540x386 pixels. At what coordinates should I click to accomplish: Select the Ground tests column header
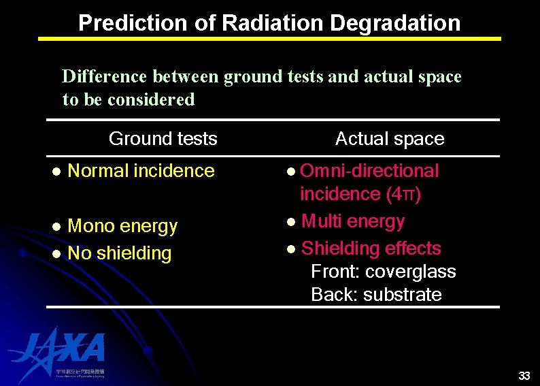tap(163, 139)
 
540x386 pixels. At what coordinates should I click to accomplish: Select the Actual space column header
tap(389, 139)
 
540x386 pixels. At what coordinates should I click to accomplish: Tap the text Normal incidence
tap(141, 171)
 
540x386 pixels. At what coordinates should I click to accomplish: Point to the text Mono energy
tap(122, 226)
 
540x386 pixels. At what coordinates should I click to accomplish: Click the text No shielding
tap(120, 253)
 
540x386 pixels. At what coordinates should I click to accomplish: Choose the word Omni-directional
tap(369, 171)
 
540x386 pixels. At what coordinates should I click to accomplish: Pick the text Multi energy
tap(352, 221)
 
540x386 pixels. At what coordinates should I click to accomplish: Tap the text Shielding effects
tap(371, 248)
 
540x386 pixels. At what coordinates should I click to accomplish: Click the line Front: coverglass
tap(383, 272)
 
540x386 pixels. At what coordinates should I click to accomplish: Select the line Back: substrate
tap(376, 295)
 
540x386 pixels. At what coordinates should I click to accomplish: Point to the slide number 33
tap(524, 376)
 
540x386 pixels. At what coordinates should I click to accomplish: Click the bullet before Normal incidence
tap(57, 172)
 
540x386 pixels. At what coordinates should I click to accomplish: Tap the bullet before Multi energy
tap(290, 222)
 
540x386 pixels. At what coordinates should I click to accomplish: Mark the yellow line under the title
tap(269, 39)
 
